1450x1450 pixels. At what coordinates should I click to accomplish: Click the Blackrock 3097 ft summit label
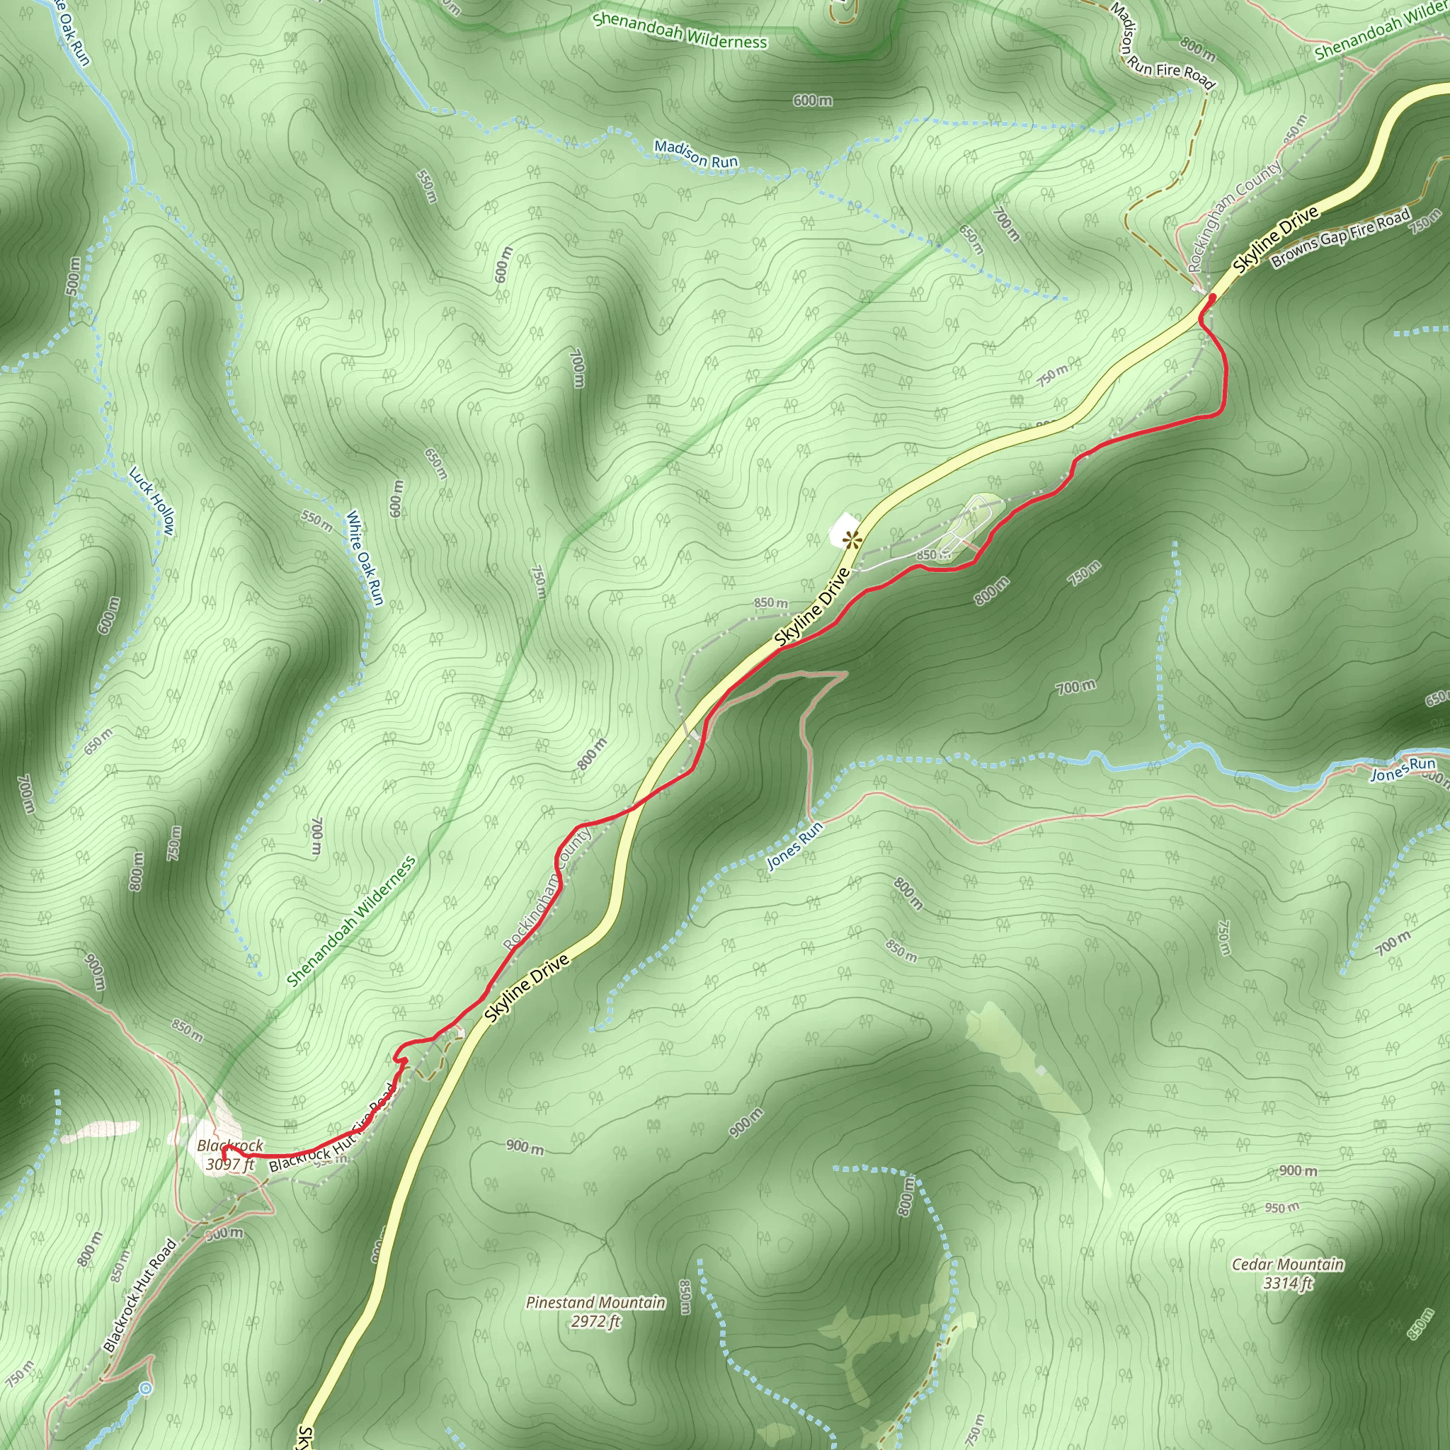(x=229, y=1155)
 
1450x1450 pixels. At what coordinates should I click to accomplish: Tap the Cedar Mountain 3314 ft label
(x=1287, y=1274)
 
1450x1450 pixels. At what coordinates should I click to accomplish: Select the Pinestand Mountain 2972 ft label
(x=595, y=1312)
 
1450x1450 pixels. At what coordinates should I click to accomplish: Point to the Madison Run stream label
(x=696, y=154)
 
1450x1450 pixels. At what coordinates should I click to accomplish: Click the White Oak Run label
(x=365, y=558)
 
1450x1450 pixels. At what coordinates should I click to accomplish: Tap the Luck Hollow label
(x=152, y=501)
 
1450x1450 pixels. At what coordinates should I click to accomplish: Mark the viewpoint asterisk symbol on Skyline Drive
(x=851, y=538)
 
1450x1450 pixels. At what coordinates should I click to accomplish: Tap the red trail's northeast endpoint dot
(x=1211, y=298)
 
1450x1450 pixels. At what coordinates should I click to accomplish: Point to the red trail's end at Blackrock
(x=225, y=1149)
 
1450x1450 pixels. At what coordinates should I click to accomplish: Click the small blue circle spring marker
(x=146, y=1389)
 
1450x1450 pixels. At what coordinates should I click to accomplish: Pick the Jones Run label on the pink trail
(x=795, y=846)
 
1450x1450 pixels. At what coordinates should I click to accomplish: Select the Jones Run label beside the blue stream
(x=1403, y=770)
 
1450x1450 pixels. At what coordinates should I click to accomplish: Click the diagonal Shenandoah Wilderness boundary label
(x=350, y=922)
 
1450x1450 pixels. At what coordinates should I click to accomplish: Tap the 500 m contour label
(x=73, y=275)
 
